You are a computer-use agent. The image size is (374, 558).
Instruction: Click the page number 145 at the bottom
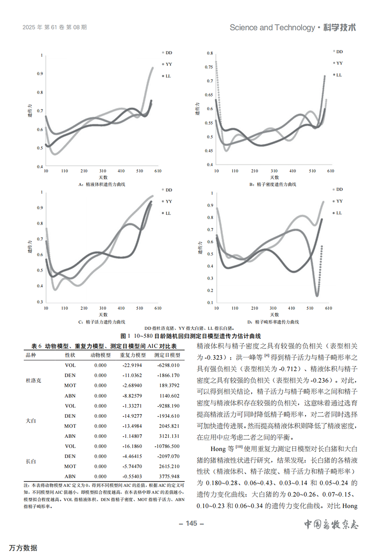[192, 523]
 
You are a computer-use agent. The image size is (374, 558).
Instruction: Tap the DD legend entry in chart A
[167, 53]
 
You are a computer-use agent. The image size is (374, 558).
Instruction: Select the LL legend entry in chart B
[338, 75]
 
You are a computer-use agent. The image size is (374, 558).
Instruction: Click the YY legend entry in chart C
[167, 201]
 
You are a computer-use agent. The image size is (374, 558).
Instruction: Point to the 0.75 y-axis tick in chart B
[209, 67]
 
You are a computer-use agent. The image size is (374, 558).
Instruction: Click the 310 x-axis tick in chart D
[273, 308]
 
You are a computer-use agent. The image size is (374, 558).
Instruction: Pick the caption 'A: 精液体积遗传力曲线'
[102, 184]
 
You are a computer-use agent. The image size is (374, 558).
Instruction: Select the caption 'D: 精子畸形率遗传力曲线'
[273, 322]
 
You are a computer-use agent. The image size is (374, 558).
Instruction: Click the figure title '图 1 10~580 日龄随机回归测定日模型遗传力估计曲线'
[191, 336]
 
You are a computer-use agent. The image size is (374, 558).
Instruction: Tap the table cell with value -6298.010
[168, 365]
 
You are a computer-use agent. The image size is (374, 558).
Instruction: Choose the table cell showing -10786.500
[167, 446]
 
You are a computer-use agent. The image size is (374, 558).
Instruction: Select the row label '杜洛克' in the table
[34, 380]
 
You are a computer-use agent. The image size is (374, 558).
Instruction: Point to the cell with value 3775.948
[169, 477]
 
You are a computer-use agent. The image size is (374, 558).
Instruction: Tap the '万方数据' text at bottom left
[23, 548]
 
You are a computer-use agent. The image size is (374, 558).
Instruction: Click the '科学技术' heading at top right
[339, 28]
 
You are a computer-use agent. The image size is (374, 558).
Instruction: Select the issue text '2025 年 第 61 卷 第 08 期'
[54, 28]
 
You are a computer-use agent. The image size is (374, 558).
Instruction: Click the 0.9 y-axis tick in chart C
[40, 208]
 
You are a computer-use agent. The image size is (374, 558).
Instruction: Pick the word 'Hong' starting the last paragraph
[218, 449]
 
